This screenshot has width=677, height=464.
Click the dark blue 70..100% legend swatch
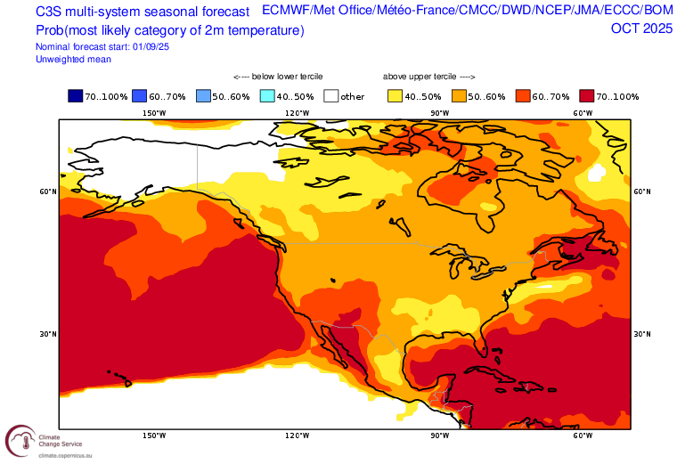[75, 96]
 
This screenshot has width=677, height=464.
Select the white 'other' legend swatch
[331, 96]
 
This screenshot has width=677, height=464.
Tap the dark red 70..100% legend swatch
[587, 96]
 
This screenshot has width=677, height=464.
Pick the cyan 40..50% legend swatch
[267, 96]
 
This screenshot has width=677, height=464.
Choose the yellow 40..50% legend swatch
[395, 96]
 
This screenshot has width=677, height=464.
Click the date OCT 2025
[641, 28]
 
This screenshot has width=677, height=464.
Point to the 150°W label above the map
[154, 113]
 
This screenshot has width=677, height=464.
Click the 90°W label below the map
[439, 436]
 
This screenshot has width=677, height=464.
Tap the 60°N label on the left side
[48, 191]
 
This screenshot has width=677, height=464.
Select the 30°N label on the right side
[642, 334]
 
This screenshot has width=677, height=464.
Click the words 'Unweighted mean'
[73, 60]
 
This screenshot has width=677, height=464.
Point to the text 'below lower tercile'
[287, 77]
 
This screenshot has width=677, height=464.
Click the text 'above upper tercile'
[420, 77]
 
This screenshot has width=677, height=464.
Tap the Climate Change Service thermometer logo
[20, 441]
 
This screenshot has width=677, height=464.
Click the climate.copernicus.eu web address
[65, 455]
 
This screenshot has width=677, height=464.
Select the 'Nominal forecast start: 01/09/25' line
[102, 46]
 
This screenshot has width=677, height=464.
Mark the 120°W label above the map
[297, 113]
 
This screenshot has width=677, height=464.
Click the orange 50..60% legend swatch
[459, 96]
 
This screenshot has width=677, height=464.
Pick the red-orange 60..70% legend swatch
[523, 96]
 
